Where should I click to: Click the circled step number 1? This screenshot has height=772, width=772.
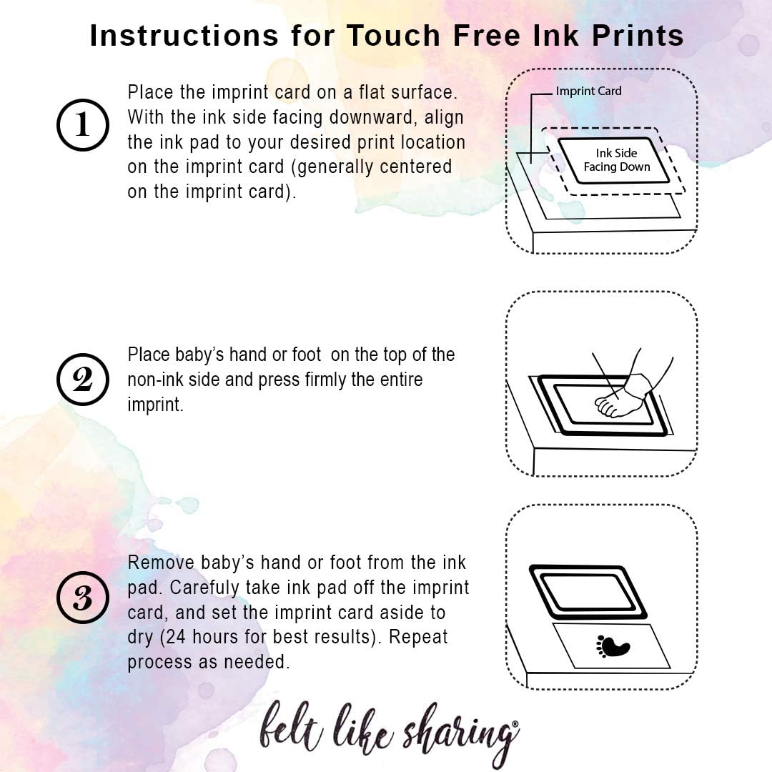[83, 126]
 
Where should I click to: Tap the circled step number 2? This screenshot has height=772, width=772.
[83, 380]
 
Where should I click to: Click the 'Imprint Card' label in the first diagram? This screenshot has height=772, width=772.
[588, 91]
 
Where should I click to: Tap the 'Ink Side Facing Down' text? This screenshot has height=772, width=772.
[616, 160]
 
